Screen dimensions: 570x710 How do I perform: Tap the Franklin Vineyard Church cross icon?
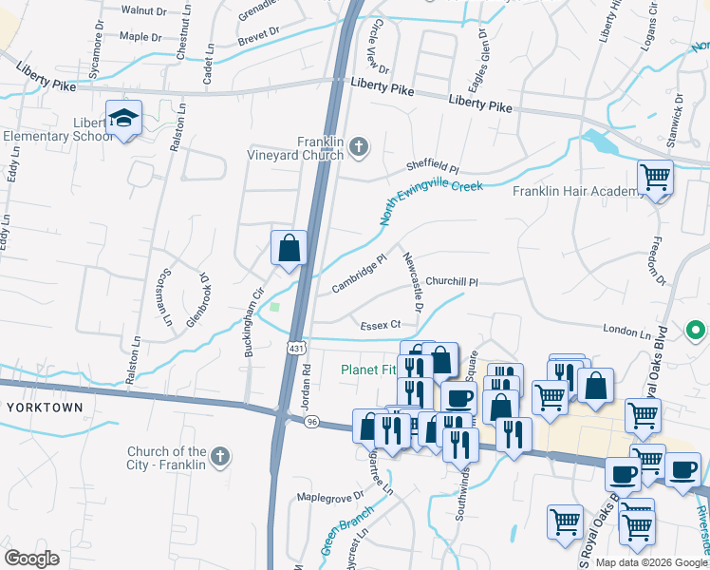pos(358,146)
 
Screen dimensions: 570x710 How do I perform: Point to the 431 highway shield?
pos(297,349)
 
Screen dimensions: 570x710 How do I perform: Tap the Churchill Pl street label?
pos(451,281)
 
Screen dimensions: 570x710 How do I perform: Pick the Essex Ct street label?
pos(380,326)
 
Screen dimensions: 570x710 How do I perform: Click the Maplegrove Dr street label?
pos(330,496)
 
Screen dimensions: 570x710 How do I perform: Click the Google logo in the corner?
pos(31,559)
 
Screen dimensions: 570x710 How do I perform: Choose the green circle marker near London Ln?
pos(696,332)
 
